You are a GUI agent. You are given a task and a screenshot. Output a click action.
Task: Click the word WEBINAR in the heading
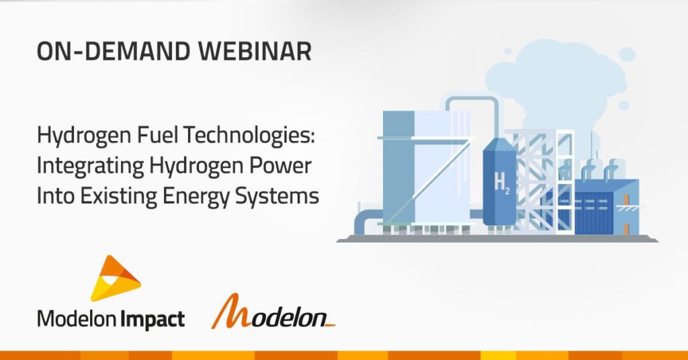pos(255,51)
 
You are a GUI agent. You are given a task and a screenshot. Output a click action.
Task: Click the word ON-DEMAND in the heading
pos(114,51)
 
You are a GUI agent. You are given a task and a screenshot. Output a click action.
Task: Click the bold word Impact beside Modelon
pos(153,320)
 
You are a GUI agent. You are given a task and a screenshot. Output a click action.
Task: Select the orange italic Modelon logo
pos(273,312)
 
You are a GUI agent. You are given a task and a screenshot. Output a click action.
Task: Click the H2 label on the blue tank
pos(502,181)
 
